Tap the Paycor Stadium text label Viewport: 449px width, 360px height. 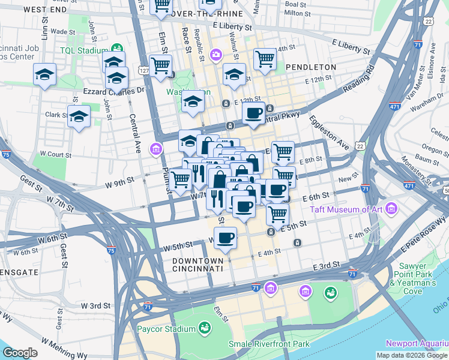coord(166,329)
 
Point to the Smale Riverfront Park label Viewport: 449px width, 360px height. coord(269,344)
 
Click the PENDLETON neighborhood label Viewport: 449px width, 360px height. coord(309,67)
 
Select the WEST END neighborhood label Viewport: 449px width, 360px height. coord(46,10)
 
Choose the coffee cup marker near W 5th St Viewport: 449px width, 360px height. coord(225,238)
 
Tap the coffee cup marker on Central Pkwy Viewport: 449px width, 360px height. coord(253,113)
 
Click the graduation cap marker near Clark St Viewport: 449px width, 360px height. coord(78,117)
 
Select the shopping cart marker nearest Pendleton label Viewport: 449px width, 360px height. coord(265,59)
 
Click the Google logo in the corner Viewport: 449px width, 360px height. coord(20,353)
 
